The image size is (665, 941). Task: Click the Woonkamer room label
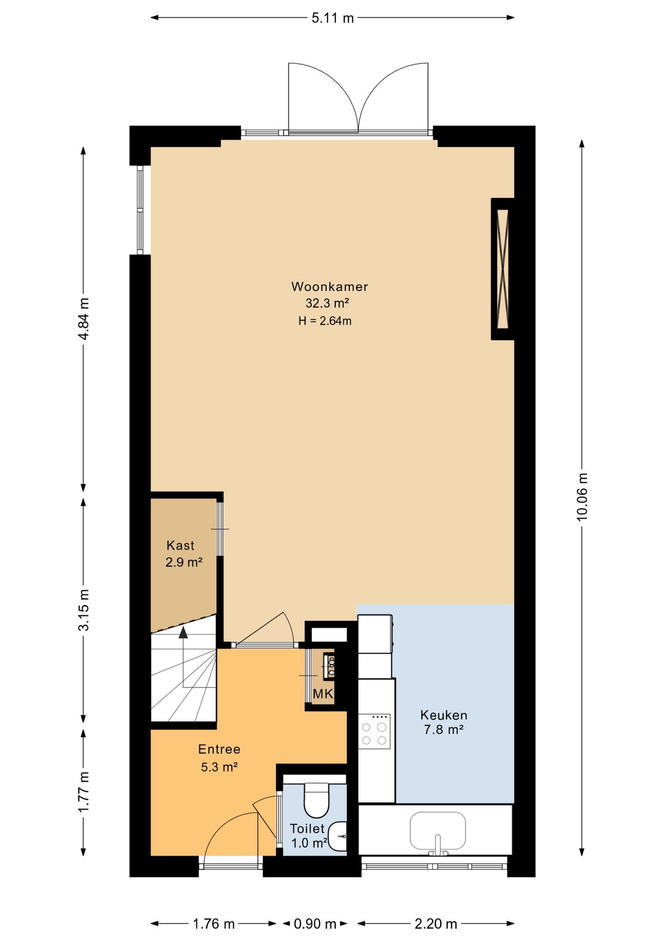point(330,287)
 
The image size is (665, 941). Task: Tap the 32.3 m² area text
point(327,303)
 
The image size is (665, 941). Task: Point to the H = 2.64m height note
point(325,321)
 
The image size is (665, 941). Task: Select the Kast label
point(180,545)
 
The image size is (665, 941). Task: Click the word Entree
point(219,749)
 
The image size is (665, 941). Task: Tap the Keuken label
point(444,715)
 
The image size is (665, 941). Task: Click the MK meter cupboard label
point(323,693)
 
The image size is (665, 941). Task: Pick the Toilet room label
point(307,829)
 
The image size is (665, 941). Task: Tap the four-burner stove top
point(375,731)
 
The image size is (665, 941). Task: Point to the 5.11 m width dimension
point(332,18)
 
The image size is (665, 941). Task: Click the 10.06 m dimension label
point(582,496)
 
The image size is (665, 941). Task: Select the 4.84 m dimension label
point(84,319)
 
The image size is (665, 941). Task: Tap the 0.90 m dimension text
point(315,924)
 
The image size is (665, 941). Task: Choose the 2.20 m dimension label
point(436,924)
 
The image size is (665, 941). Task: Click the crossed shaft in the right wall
point(503,269)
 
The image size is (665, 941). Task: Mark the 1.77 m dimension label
point(84,792)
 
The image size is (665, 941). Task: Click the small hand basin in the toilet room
point(338,836)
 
